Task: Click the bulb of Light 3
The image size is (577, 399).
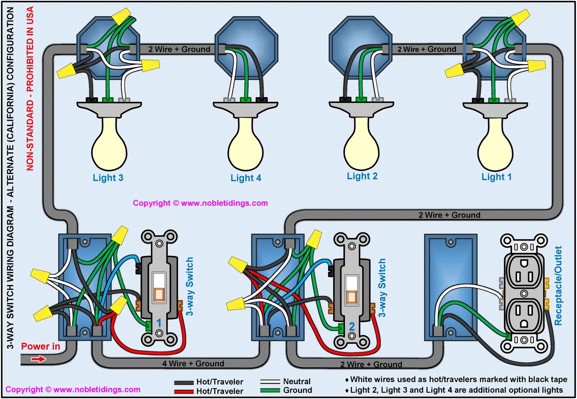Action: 109,146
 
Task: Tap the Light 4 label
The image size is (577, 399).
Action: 246,178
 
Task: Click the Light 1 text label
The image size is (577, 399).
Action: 496,177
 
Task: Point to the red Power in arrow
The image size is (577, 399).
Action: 38,359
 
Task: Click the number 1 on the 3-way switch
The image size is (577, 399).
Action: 159,322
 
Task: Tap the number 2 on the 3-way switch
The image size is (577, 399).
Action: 352,327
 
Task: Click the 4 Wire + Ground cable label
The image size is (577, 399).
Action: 193,363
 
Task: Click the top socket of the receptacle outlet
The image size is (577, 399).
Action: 524,276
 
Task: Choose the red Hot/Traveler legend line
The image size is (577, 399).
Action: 184,391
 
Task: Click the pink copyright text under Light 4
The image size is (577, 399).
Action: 200,203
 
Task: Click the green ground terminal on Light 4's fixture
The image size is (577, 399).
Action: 245,100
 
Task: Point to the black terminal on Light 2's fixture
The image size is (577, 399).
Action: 345,99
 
